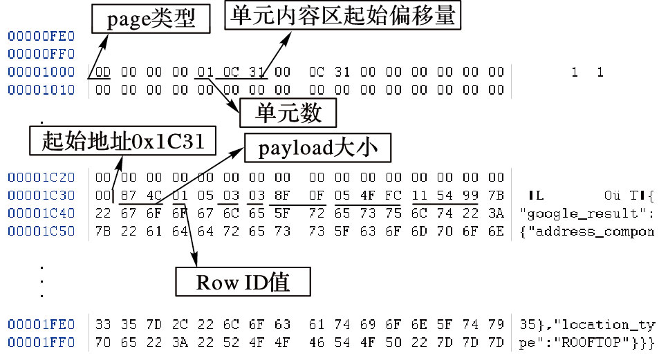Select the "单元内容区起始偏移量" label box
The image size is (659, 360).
[x=342, y=15]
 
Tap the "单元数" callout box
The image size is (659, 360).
[x=288, y=112]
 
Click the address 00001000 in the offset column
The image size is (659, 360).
[x=41, y=72]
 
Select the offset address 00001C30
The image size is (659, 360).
[x=41, y=196]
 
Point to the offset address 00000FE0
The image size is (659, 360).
[x=41, y=36]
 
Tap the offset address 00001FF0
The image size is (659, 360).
[x=41, y=341]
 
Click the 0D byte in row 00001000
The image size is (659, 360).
[x=102, y=72]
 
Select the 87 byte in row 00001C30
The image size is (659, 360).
[x=127, y=196]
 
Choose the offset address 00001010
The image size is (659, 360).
[x=41, y=90]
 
